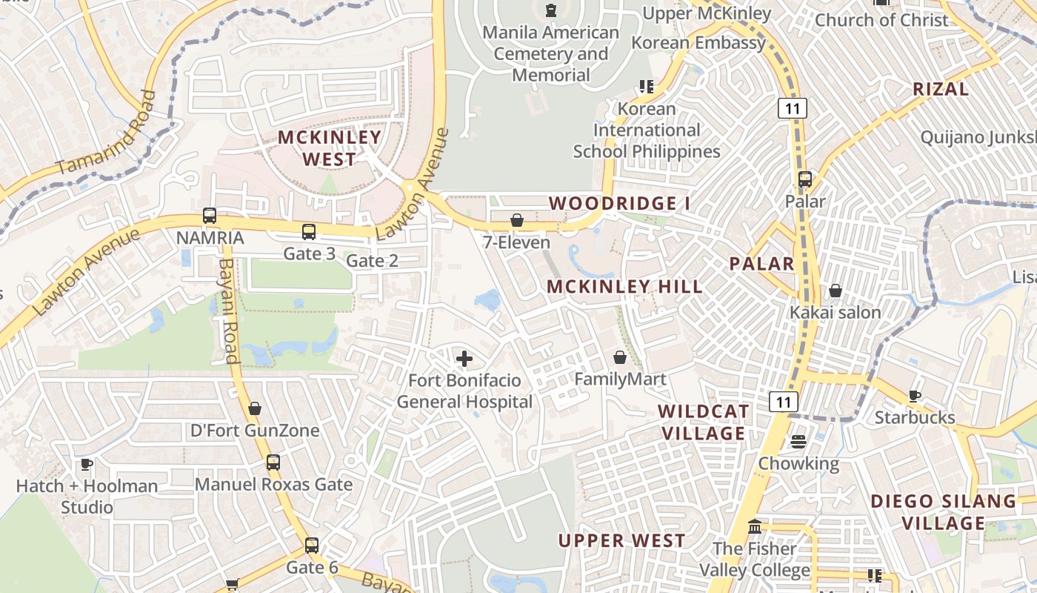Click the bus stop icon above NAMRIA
(210, 216)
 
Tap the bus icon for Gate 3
(309, 232)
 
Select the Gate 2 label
(372, 261)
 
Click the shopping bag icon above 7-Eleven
(517, 220)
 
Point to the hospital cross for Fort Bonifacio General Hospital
(464, 360)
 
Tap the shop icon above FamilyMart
(620, 358)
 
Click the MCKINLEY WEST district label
(330, 148)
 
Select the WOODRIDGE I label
(613, 204)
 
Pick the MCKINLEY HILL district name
(624, 287)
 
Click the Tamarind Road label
(107, 134)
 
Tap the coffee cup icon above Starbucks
(915, 396)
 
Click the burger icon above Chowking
(798, 442)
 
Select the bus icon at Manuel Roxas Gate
(273, 463)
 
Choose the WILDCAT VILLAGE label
(703, 423)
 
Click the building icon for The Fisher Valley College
(755, 527)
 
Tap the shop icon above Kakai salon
(836, 291)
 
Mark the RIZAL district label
(941, 90)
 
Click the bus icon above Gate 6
(312, 546)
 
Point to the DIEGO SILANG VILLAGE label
(943, 512)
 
